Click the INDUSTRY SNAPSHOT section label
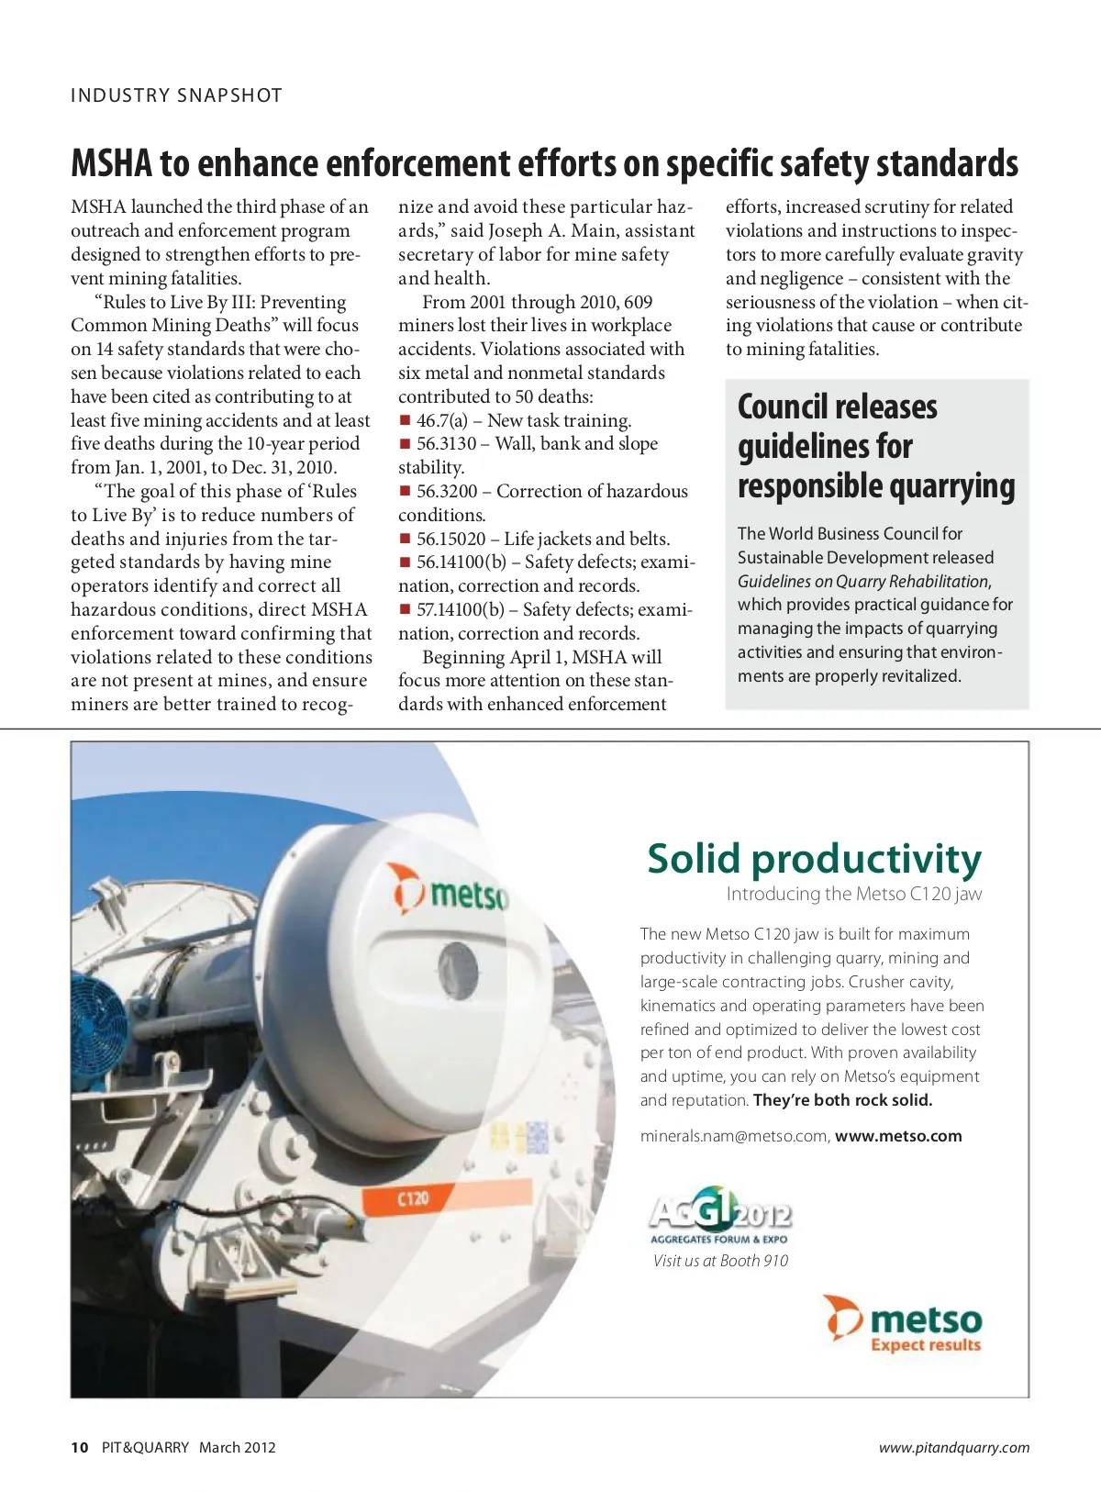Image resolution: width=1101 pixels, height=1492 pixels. click(176, 95)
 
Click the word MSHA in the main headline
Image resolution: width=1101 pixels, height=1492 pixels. click(111, 164)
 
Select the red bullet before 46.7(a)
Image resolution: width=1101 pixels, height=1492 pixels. click(405, 420)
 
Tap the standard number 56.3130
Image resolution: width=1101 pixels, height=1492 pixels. click(447, 444)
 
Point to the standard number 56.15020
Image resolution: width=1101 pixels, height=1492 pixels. click(450, 539)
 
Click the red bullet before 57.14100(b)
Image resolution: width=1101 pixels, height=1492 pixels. click(405, 609)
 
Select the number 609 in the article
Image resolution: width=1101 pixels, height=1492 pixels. click(638, 302)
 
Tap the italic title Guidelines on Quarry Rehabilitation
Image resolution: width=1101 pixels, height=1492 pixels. click(862, 581)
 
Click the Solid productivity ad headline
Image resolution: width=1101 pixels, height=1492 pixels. click(814, 859)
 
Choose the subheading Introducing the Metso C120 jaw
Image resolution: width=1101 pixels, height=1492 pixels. click(853, 894)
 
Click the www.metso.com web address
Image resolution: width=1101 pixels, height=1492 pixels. click(898, 1136)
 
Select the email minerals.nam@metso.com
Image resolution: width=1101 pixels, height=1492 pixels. click(734, 1136)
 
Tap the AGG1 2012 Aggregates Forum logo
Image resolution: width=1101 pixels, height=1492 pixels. click(719, 1218)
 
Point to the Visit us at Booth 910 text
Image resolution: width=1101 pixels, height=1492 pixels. click(720, 1261)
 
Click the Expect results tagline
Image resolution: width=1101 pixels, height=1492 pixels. click(925, 1345)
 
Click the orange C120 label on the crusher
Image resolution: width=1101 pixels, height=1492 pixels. click(414, 1198)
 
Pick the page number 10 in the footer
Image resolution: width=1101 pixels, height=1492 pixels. click(80, 1448)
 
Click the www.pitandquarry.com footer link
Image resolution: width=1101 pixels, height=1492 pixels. click(953, 1448)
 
